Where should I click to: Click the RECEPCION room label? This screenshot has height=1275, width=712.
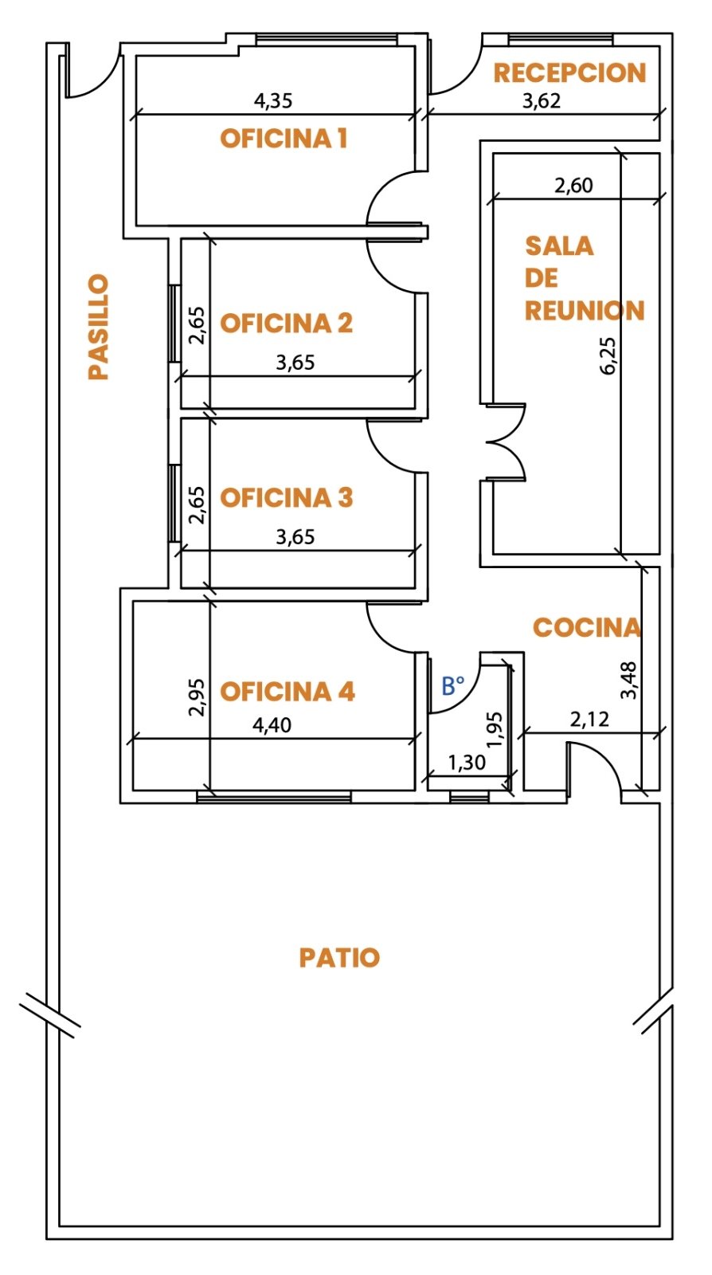point(569,73)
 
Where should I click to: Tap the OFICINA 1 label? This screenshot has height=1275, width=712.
point(284,139)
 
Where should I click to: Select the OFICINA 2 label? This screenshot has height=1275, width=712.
point(287,323)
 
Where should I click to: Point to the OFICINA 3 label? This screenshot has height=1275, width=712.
point(287,497)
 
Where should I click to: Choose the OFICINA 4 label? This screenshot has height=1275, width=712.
point(288,691)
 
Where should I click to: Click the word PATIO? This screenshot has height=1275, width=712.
point(339,957)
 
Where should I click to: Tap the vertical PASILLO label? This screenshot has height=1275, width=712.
point(99,327)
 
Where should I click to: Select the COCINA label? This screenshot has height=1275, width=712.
point(586,627)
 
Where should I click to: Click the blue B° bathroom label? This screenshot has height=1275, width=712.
point(452,686)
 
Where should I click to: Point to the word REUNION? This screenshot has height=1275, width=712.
point(584,310)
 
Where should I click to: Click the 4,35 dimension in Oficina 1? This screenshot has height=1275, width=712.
point(273,100)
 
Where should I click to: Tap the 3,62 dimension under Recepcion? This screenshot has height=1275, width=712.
point(542,100)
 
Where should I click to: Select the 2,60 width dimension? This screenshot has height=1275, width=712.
point(573,186)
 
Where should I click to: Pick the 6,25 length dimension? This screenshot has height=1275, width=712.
point(608,355)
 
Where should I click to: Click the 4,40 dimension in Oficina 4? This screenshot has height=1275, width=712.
point(272,725)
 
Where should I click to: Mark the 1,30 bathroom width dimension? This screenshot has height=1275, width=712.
point(467,762)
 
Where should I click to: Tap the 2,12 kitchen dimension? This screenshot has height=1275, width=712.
point(589,720)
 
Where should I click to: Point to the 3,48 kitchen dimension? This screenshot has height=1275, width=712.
point(629,680)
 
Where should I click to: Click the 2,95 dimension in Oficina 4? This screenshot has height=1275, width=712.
point(196,697)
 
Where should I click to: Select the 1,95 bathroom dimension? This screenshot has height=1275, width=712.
point(495,729)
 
